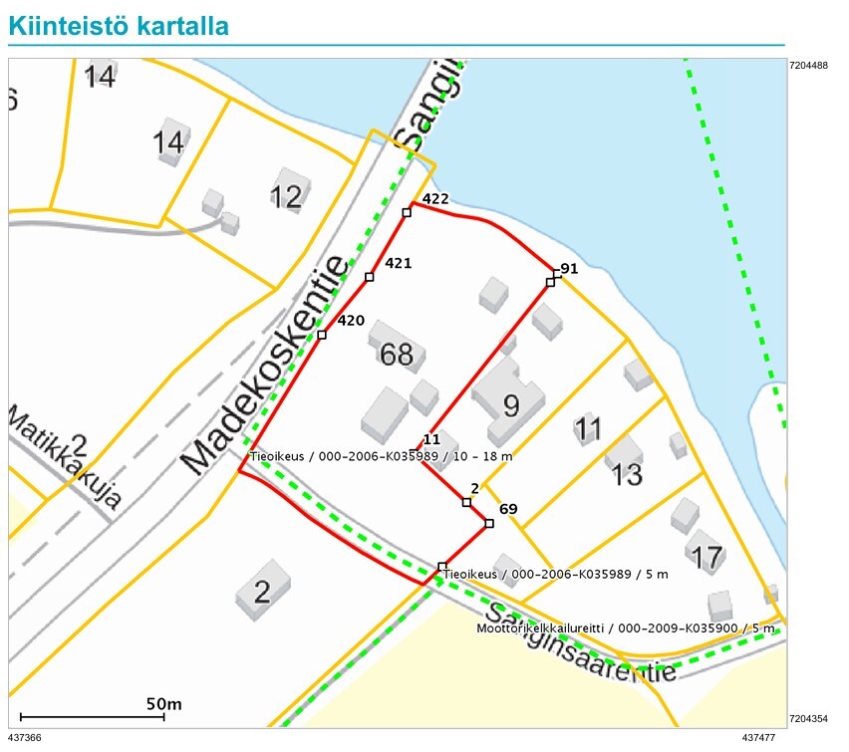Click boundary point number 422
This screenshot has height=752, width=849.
tap(407, 213)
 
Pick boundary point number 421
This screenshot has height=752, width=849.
tap(370, 277)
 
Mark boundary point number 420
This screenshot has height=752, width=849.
tap(322, 335)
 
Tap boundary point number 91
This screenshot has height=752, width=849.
tap(551, 282)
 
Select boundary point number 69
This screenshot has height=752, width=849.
tap(489, 523)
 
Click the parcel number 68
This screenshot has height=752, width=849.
tap(396, 354)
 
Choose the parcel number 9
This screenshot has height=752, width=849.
tap(511, 405)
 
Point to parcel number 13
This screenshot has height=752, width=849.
tap(627, 475)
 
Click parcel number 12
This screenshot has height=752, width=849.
tap(286, 197)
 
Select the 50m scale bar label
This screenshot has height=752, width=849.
tap(164, 704)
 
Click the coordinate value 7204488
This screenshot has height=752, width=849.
tap(808, 67)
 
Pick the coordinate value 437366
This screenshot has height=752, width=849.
tap(25, 738)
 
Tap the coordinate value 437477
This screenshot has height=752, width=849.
tap(758, 738)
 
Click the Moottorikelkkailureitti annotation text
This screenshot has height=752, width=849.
tap(625, 628)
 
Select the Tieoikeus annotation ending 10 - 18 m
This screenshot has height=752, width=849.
tap(381, 456)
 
